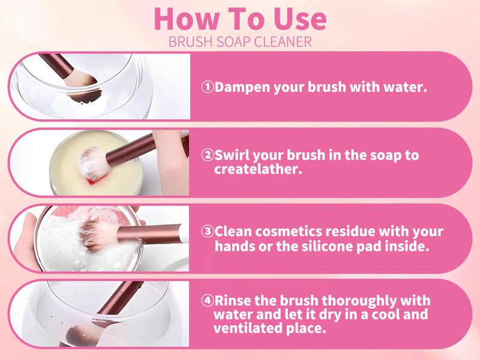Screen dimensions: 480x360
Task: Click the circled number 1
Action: pyautogui.click(x=208, y=87)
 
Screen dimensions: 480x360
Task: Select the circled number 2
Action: pyautogui.click(x=208, y=155)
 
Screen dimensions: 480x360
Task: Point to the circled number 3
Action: pyautogui.click(x=208, y=232)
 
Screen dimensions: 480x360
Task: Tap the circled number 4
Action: pyautogui.click(x=208, y=301)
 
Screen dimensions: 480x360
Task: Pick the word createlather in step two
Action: pyautogui.click(x=258, y=169)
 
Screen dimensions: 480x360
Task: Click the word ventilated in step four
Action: pyautogui.click(x=247, y=328)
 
